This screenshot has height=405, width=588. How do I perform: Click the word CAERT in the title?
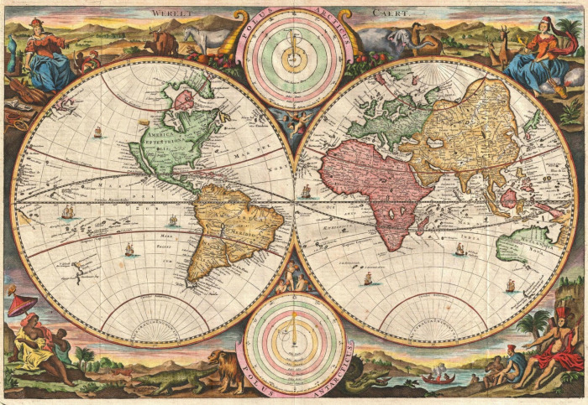[x=385, y=13]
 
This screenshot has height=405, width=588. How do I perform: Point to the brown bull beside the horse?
[x=161, y=41]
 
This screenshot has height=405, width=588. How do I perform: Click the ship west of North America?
[x=97, y=132]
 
